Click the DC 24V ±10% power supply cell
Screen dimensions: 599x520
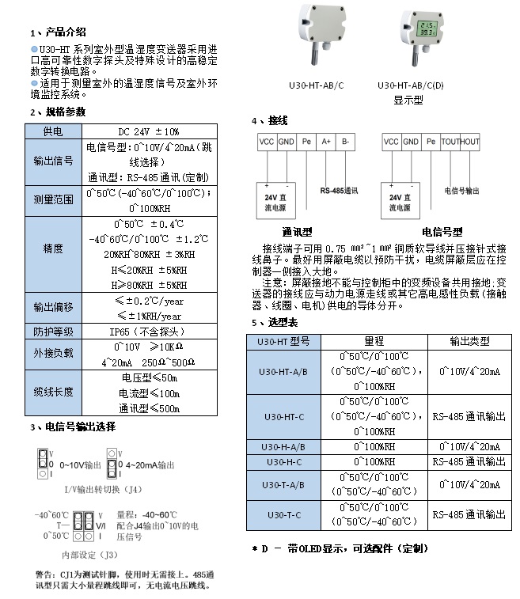[149, 131]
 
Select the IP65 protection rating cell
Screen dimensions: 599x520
[149, 332]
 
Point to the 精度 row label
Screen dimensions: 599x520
[53, 248]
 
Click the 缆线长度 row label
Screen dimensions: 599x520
[53, 392]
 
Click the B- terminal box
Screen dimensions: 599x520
[347, 142]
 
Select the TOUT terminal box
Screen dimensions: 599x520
[450, 142]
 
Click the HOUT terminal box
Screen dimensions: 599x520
[470, 142]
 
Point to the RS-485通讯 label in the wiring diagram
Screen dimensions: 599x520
[339, 191]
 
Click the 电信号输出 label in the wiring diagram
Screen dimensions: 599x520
[461, 191]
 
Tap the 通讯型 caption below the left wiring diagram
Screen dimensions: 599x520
[297, 233]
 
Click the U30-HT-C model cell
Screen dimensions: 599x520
[283, 416]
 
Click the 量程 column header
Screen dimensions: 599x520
[374, 341]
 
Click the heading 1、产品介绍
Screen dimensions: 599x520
[58, 32]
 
